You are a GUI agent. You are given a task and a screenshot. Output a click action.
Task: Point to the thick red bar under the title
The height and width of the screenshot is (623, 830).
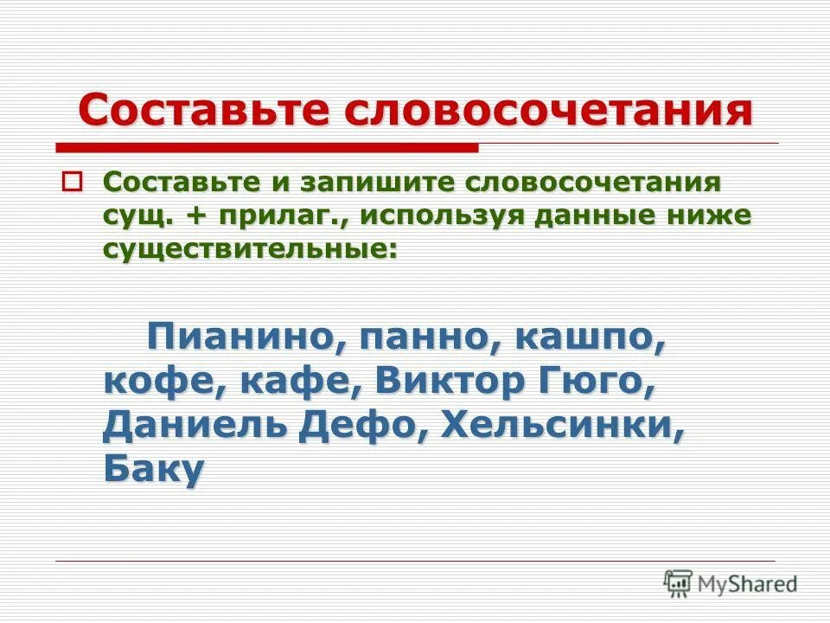(267, 148)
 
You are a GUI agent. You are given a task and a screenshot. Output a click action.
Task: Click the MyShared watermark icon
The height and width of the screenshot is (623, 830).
(678, 582)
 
